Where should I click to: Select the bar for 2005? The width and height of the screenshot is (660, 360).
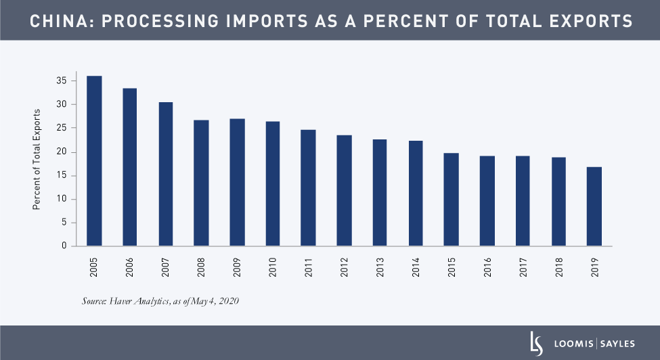pos(94,161)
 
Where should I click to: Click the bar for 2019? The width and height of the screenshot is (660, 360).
pos(594,206)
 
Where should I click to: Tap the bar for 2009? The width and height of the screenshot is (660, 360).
pos(237,182)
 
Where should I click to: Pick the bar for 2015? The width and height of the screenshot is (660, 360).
pos(451,200)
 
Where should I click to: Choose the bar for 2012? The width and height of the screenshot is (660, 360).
pos(344,191)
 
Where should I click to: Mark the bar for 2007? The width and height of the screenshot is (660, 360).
pos(165,174)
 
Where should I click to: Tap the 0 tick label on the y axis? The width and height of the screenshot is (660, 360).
pos(64,246)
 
